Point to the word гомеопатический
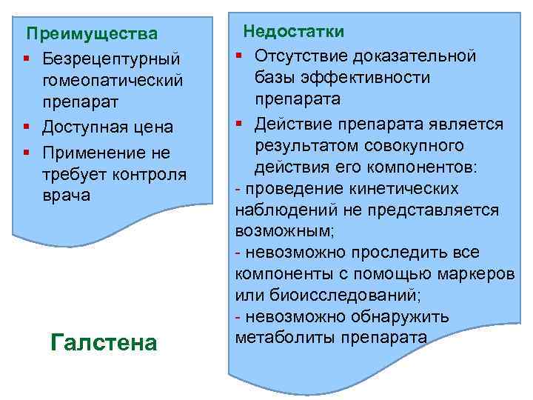[113, 79]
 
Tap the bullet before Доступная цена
[27, 127]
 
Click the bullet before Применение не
[27, 153]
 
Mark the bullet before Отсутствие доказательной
[241, 56]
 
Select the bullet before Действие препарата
[241, 123]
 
